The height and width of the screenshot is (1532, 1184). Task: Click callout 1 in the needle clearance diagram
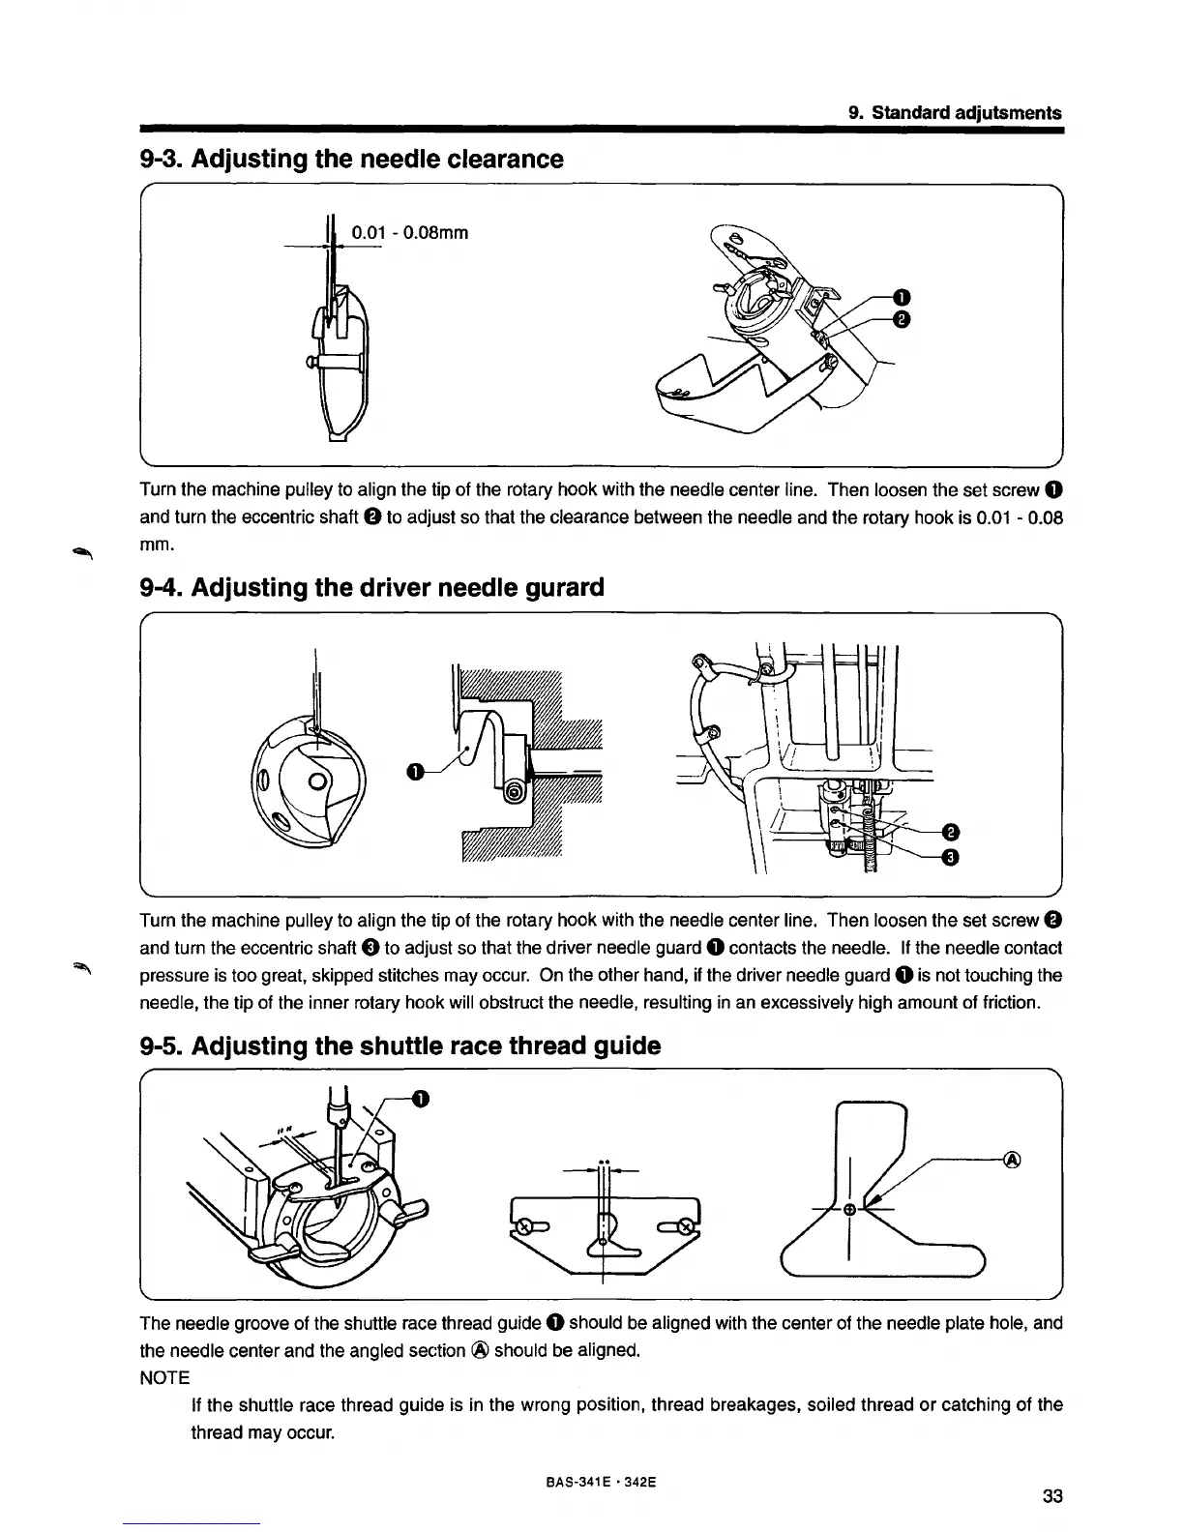pos(900,296)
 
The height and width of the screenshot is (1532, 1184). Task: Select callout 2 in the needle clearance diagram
pos(900,320)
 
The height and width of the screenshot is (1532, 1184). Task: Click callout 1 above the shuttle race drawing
pos(420,1097)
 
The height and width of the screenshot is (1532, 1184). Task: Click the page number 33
pos(1053,1497)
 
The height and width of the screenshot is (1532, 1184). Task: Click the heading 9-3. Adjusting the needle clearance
pos(351,159)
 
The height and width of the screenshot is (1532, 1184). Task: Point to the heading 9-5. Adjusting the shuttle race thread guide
pos(400,1046)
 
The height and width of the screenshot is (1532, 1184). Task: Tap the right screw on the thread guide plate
pos(685,1227)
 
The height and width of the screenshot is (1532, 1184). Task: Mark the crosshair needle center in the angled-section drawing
pos(848,1210)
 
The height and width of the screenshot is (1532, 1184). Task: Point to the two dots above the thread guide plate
pos(603,1161)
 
